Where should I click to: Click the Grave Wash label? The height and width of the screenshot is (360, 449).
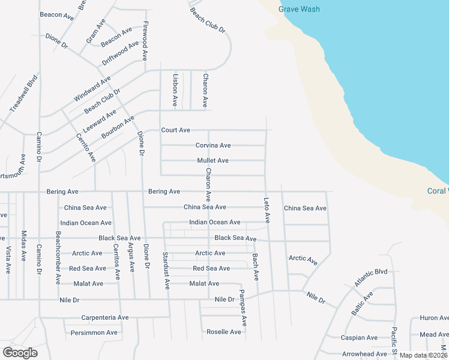pos(299,9)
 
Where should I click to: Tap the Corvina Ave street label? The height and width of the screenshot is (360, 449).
pos(213,146)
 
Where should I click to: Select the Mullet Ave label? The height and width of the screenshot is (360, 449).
pos(213,161)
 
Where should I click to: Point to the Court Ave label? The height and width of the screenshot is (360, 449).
pos(175,130)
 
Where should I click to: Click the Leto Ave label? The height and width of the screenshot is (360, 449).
pos(267,209)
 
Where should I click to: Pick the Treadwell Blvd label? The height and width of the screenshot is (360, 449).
pos(23,93)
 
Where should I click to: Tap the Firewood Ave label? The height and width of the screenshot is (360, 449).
pos(145,41)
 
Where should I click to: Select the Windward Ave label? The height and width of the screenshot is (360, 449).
pos(92,89)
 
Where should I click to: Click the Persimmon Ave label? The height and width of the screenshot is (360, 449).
pos(94,332)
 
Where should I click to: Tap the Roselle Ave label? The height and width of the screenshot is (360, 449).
pos(223,332)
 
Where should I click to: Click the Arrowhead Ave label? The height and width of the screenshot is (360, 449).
pos(364,354)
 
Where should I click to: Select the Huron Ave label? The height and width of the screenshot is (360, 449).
pos(433,318)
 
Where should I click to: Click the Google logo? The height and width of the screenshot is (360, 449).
pos(20,353)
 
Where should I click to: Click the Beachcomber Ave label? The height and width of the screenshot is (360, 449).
pos(58,257)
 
